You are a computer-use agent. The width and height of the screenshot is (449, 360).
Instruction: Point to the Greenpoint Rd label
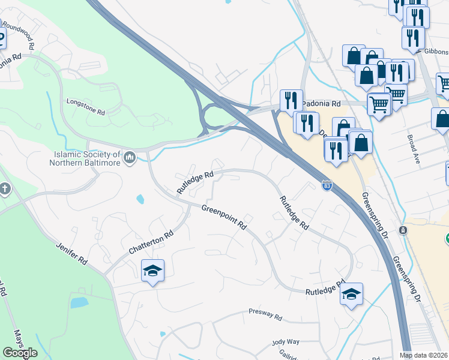pos(224,218)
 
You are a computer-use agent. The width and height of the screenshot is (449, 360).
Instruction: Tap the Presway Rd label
pos(265,314)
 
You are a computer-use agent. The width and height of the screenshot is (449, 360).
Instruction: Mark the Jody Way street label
pos(286,341)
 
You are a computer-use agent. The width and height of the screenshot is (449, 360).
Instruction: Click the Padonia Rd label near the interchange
pos(321,103)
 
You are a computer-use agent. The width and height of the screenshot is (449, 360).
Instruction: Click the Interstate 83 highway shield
pos(326,186)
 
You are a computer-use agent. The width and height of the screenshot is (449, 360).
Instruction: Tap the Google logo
pos(20,353)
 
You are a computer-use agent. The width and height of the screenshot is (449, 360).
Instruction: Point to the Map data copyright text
pos(424,355)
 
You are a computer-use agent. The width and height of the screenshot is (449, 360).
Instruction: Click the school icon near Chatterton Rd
pos(152,271)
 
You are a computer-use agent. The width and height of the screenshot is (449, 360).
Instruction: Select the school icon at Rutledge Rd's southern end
pos(351,294)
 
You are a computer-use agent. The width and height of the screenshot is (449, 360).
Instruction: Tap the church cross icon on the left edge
pos(5,189)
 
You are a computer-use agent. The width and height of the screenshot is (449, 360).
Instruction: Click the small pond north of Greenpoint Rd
pos(140,199)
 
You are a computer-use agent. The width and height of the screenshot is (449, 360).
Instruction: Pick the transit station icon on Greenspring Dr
pos(403,230)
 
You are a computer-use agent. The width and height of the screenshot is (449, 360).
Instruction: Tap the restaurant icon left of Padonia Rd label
pos(291,100)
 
